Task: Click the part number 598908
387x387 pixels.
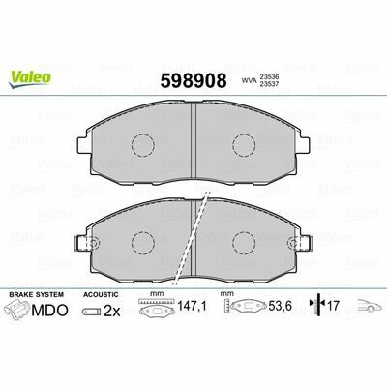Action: point(193,80)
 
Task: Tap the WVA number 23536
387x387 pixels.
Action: point(269,77)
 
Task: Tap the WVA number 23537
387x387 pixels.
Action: point(269,84)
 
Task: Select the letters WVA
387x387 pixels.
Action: point(249,81)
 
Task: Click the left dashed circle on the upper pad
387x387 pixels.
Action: point(143,144)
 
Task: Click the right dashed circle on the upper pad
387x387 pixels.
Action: point(244,144)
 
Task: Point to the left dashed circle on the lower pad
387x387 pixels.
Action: point(143,243)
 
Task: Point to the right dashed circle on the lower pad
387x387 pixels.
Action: point(244,243)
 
